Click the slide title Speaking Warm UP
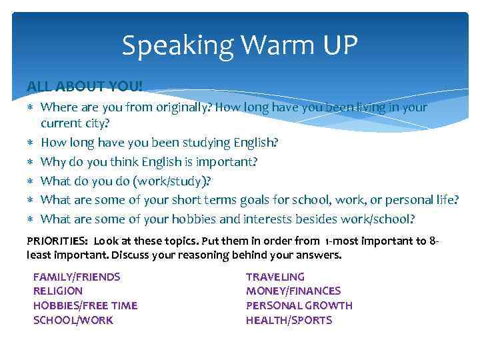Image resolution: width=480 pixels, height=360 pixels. pos(240,46)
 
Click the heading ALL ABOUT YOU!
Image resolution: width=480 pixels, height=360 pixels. pos(84,87)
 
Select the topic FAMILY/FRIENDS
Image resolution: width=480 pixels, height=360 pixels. pos(77,277)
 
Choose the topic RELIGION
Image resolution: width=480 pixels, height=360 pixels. pos(58,291)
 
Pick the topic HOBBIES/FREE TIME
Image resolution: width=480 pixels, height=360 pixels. pos(85,306)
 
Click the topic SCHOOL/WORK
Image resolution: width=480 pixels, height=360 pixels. pos(73,321)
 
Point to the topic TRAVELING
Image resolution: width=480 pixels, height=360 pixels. pos(275,277)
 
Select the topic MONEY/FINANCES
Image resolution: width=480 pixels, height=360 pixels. pos(293,291)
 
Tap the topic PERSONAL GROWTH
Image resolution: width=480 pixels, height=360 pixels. pos(299,306)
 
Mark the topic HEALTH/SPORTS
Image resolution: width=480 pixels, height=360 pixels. pos(289,321)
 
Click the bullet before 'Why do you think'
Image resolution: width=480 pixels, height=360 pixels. pos(30,162)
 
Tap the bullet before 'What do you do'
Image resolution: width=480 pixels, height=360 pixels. pos(30,181)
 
